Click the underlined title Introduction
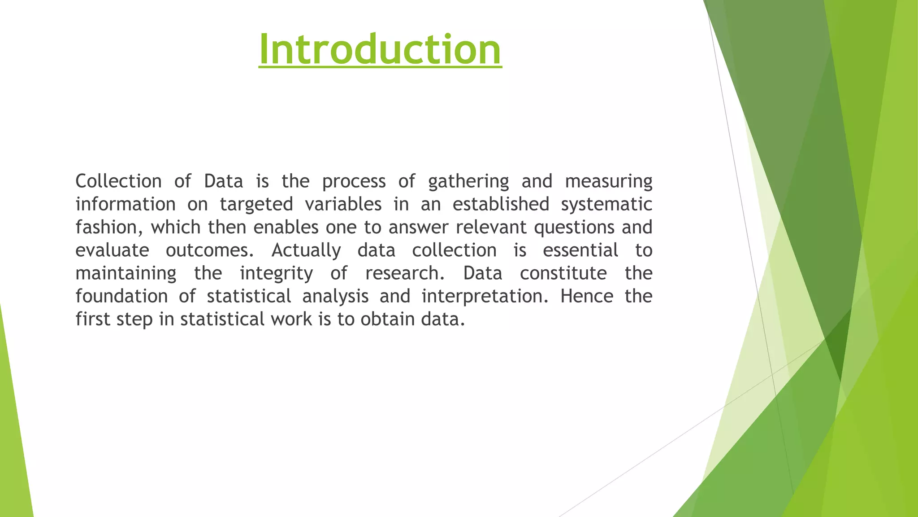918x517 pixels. pyautogui.click(x=380, y=49)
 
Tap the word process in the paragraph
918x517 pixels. pyautogui.click(x=354, y=181)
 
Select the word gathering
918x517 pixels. pyautogui.click(x=468, y=181)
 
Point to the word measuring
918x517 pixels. pyautogui.click(x=608, y=181)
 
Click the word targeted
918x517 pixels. pyautogui.click(x=256, y=205)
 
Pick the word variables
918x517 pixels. pyautogui.click(x=343, y=205)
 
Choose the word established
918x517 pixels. pyautogui.click(x=501, y=205)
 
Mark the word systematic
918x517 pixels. pyautogui.click(x=606, y=205)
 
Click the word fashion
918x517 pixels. pyautogui.click(x=108, y=228)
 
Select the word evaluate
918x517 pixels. pyautogui.click(x=112, y=250)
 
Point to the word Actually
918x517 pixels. pyautogui.click(x=306, y=250)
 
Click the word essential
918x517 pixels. pyautogui.click(x=580, y=250)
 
